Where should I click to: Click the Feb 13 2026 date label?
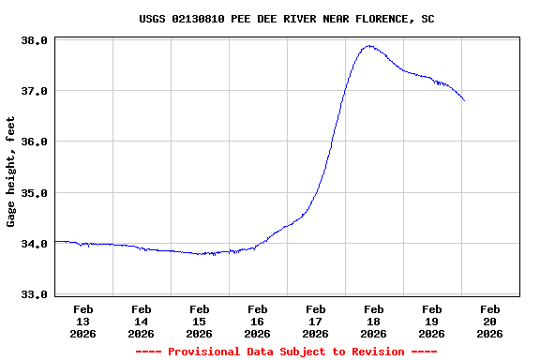(x=83, y=321)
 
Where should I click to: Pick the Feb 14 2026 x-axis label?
(x=142, y=321)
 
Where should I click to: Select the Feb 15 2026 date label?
(x=200, y=321)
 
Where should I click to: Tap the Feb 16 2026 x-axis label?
(x=258, y=321)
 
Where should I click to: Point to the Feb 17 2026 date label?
(x=316, y=321)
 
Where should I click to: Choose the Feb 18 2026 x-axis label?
(x=374, y=321)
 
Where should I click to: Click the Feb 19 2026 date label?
(x=432, y=321)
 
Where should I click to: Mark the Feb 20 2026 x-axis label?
(x=490, y=321)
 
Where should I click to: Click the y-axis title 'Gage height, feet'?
(x=11, y=172)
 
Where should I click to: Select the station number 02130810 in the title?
(x=202, y=19)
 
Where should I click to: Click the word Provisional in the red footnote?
(x=207, y=352)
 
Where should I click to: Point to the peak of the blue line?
(x=369, y=45)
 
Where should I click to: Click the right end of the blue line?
(x=464, y=100)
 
